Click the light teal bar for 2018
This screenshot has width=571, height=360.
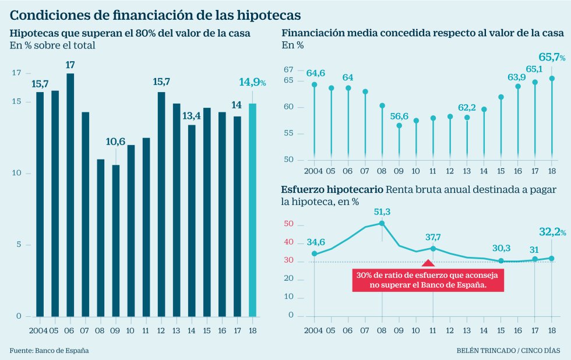[x=252, y=210]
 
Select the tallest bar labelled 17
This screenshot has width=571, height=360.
[x=70, y=195]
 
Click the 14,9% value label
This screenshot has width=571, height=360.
[x=252, y=83]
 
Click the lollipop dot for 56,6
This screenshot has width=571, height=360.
[x=399, y=125]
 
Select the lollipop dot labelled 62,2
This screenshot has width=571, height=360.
[x=467, y=118]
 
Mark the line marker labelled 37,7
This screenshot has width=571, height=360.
[x=433, y=248]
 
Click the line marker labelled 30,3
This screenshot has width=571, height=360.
[x=500, y=261]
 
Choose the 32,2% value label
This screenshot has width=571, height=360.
[x=551, y=232]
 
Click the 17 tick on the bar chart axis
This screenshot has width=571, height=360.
[x=15, y=73]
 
